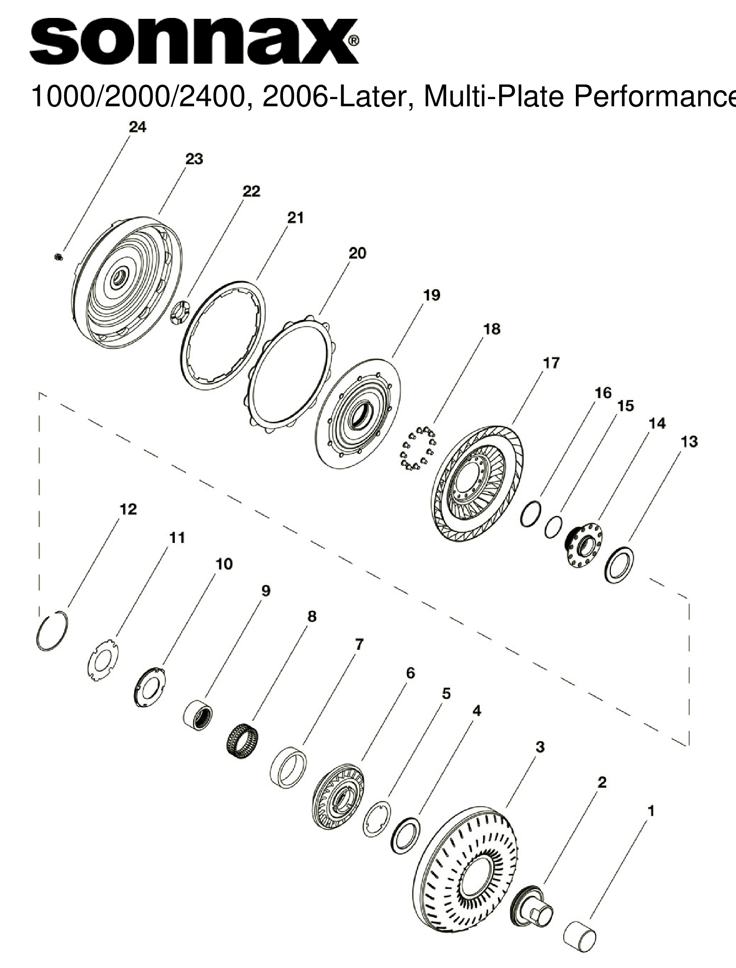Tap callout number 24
click(x=137, y=127)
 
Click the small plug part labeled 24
click(x=58, y=256)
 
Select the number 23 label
click(x=194, y=159)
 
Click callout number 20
click(x=357, y=253)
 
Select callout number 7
click(x=359, y=645)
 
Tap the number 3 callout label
click(x=540, y=747)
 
